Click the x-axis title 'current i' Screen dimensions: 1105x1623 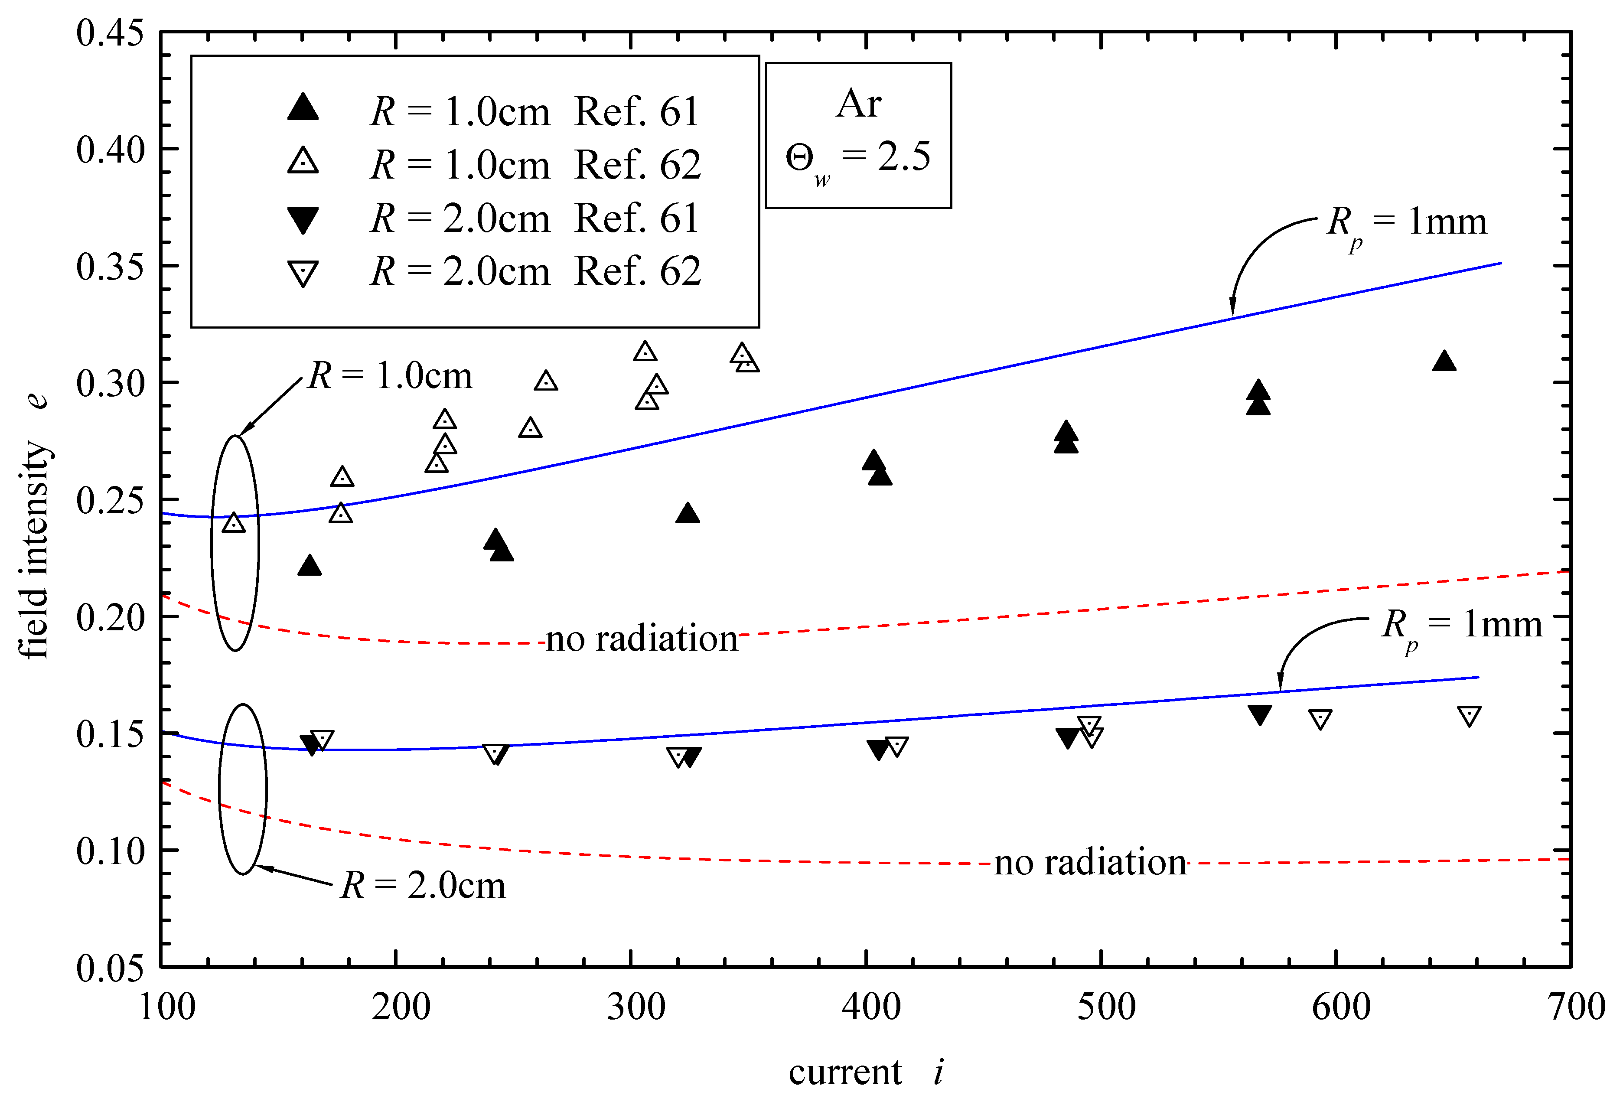tap(866, 1072)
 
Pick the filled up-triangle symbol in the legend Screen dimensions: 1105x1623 tap(303, 108)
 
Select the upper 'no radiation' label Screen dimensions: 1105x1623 tap(641, 639)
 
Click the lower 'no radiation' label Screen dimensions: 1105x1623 tap(1089, 863)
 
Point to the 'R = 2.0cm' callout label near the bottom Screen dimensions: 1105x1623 tap(423, 885)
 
